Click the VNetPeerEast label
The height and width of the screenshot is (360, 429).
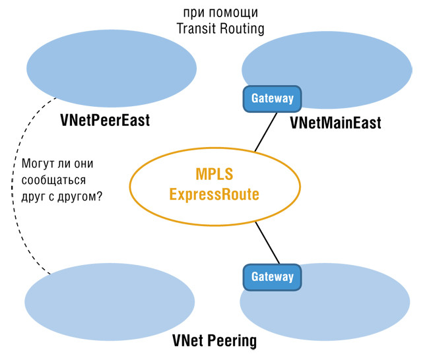105,121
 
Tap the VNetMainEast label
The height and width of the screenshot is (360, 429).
335,123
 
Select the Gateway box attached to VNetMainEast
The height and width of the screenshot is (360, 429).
273,98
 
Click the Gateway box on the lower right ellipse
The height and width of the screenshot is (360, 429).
273,277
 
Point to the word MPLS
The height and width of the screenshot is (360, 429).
215,175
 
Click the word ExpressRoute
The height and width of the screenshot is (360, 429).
215,195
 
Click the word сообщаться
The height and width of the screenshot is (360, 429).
52,179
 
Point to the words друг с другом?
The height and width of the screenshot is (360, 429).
62,196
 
